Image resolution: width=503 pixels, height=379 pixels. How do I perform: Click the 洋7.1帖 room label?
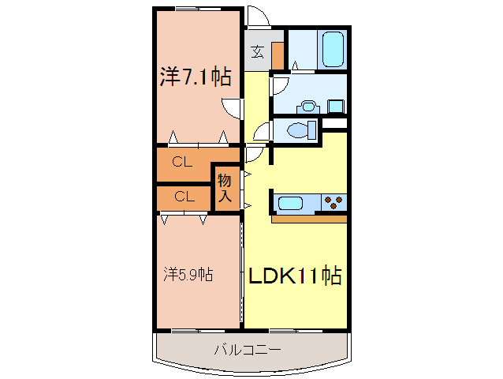point(196,77)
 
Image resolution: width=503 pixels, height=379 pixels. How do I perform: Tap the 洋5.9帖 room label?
point(188,275)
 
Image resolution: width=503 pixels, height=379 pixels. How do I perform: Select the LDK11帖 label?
point(295,276)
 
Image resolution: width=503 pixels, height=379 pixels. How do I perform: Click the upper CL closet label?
point(182,163)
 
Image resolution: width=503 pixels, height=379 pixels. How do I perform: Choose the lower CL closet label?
point(184,197)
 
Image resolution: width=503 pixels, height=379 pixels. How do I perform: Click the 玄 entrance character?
point(257,53)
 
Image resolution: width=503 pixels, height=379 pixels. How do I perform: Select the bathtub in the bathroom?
point(333,50)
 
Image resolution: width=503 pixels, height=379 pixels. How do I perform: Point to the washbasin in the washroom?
point(307,105)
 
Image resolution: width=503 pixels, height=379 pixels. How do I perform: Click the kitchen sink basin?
point(290,203)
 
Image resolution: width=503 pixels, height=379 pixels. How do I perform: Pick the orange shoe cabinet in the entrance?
point(277,54)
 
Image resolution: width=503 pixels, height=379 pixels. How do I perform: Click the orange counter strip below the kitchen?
point(309,218)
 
